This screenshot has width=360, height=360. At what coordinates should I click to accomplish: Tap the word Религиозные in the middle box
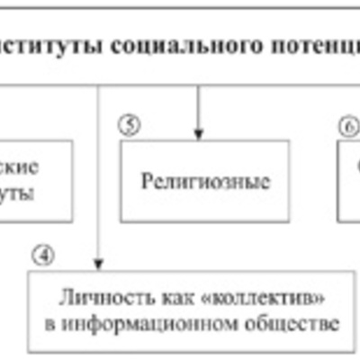[205, 181]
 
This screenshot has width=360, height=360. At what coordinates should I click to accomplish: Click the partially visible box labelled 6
[350, 181]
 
